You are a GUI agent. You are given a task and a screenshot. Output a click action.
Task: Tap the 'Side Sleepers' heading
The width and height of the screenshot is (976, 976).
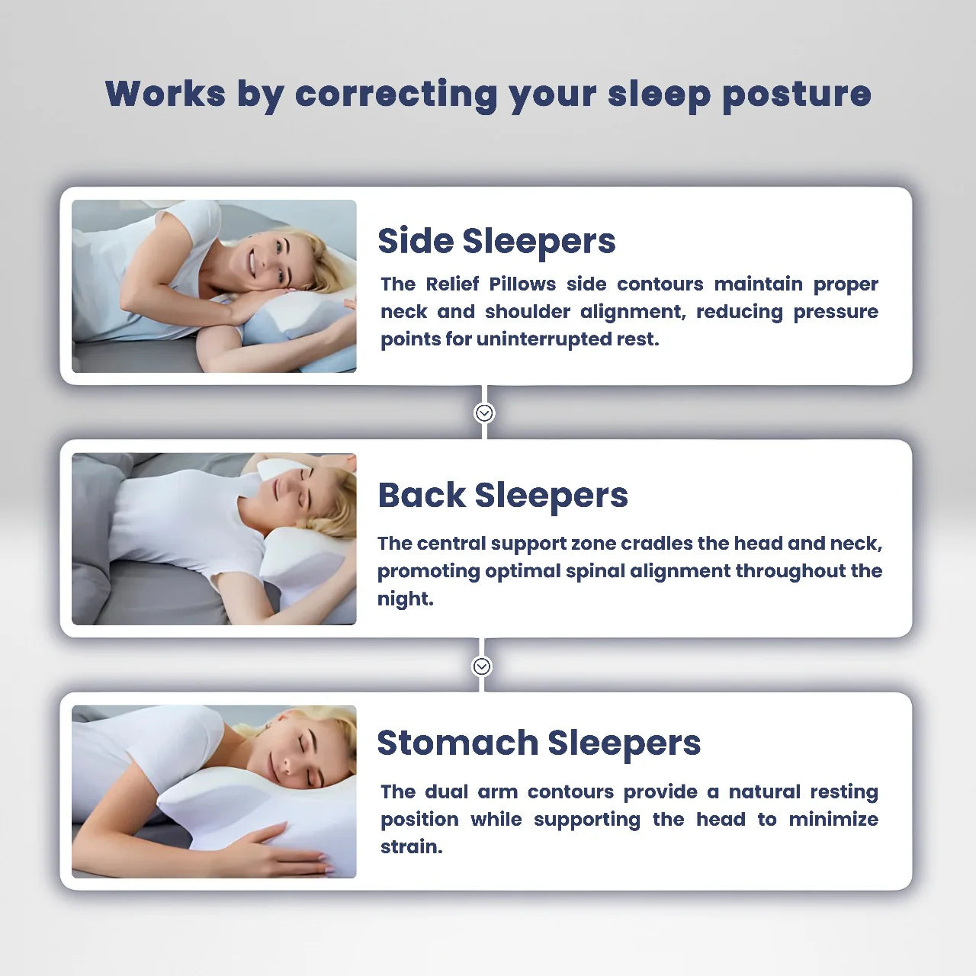click(x=496, y=241)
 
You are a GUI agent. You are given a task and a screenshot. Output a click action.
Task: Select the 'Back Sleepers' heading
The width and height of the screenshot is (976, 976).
click(x=502, y=495)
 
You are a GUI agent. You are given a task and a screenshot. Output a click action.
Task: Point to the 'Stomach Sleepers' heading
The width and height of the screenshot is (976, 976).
click(x=538, y=743)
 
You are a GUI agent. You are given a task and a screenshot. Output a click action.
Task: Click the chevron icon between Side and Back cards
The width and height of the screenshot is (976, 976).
click(x=484, y=413)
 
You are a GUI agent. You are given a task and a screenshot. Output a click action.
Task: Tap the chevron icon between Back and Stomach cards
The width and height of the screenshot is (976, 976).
click(x=482, y=666)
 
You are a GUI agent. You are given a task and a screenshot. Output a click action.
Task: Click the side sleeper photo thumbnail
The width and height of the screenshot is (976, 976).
click(x=213, y=286)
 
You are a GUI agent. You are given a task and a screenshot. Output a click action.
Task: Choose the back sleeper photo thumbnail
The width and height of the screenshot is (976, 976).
click(x=213, y=539)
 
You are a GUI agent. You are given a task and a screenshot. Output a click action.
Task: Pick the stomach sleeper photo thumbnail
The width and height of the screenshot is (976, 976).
click(x=213, y=791)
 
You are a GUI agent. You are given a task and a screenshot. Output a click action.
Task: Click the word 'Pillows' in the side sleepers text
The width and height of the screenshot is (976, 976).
click(x=522, y=284)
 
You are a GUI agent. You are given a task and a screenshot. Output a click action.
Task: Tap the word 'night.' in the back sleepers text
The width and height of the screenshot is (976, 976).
click(x=405, y=599)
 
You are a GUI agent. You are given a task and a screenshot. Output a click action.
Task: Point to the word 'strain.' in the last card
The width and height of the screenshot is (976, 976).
click(x=411, y=847)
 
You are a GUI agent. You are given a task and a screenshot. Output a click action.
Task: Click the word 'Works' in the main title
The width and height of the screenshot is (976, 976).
click(x=165, y=95)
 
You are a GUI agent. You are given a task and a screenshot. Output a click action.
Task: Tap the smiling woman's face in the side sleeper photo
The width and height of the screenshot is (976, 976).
click(x=268, y=255)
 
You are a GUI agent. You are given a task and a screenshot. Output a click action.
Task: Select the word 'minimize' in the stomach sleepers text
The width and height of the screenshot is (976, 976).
click(x=833, y=820)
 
